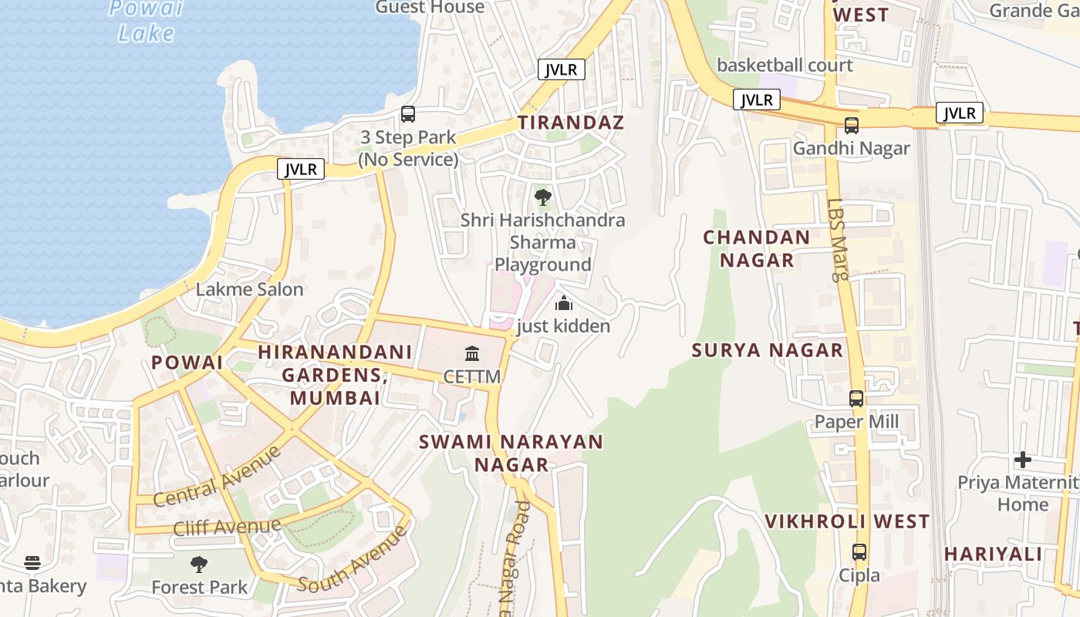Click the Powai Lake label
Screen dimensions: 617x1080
147,21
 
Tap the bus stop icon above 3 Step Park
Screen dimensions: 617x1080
408,114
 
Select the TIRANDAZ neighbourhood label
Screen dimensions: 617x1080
571,122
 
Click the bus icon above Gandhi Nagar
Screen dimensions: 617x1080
852,125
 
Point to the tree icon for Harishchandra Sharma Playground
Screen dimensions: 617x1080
543,197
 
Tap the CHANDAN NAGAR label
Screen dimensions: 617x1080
757,248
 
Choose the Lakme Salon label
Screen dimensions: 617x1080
249,289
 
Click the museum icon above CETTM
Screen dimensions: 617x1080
472,354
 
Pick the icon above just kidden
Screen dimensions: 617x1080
564,303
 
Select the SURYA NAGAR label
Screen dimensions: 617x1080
768,350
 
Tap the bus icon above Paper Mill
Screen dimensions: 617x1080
856,399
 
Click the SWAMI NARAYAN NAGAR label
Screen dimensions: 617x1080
511,453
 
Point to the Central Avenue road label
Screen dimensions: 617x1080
218,477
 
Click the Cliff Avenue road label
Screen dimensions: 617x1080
227,528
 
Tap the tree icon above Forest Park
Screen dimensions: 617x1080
199,565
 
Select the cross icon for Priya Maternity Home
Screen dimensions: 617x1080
1023,460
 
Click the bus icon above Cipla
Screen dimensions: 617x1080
859,552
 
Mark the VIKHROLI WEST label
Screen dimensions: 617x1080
847,521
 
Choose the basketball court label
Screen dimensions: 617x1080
785,65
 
